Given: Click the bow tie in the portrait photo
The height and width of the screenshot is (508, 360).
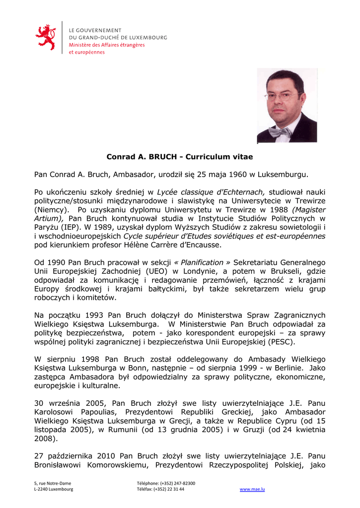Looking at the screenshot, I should [x=280, y=132].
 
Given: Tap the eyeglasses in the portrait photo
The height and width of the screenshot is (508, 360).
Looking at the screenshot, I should [x=282, y=96].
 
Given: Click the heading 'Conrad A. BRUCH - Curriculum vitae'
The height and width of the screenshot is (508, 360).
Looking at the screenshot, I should [x=180, y=157].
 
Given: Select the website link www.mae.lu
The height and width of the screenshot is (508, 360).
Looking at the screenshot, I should [x=252, y=489].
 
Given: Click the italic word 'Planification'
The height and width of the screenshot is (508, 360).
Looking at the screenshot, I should [x=202, y=262].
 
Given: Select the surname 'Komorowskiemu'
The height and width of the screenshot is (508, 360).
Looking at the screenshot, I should [x=119, y=465].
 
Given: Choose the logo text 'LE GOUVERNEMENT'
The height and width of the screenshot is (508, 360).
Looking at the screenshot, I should [x=95, y=30].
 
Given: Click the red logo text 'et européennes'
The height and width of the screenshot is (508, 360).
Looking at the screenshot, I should [x=86, y=52].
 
